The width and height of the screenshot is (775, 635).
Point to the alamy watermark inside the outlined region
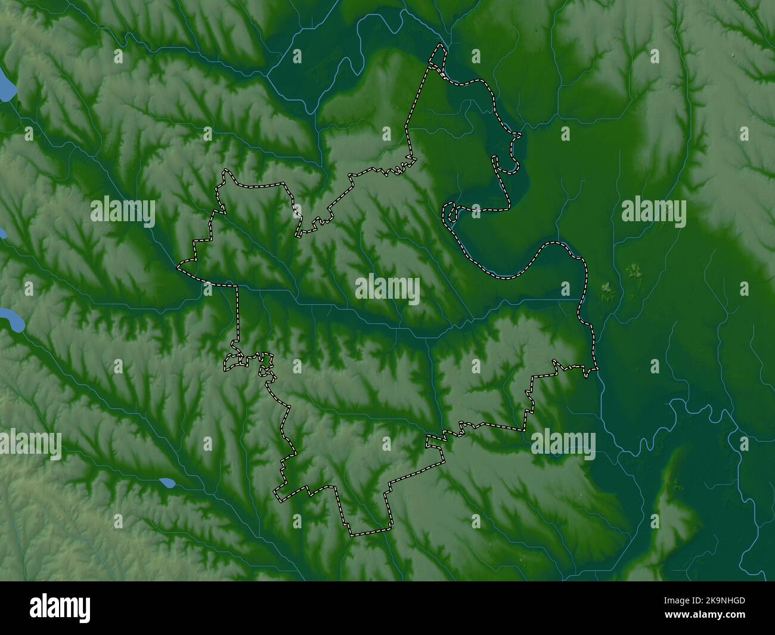coord(387,290)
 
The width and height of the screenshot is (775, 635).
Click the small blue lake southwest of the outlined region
coord(167,482)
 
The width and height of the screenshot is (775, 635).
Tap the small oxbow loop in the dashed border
coord(450,213)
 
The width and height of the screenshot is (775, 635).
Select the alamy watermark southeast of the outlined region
coord(563,444)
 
